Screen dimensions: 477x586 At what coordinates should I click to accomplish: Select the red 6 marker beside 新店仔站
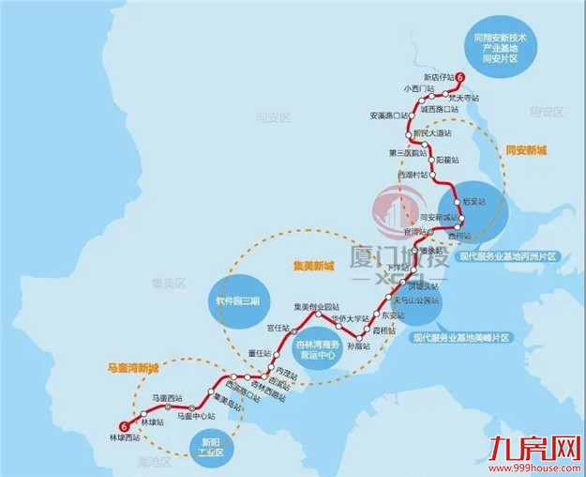[459, 78]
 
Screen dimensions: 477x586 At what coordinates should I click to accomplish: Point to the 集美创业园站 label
[315, 307]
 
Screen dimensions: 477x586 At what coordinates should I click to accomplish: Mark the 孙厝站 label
[358, 346]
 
